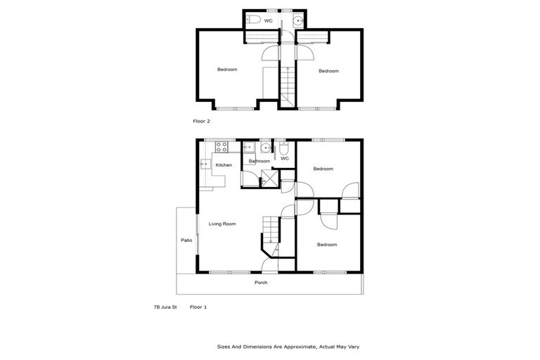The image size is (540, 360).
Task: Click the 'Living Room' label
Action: coord(222,224)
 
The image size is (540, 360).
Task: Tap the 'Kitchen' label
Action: coord(224,165)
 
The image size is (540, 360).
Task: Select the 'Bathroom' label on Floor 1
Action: coord(259,161)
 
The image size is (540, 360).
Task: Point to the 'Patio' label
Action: coord(186,240)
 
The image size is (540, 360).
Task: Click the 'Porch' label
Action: coord(261,283)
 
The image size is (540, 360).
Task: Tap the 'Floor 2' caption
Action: coord(202,121)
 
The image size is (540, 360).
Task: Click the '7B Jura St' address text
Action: coord(165,307)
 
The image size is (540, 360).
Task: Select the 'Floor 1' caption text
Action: coord(198,307)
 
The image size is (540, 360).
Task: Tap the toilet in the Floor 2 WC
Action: coord(255,20)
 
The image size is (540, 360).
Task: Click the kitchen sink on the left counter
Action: coord(205,165)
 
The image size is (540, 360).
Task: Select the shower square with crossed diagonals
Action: coord(268,178)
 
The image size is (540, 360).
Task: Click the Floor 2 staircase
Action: coord(287,86)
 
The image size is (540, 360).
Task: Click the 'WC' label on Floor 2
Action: coord(269,21)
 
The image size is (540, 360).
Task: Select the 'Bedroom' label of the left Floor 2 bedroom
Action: coord(226,69)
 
